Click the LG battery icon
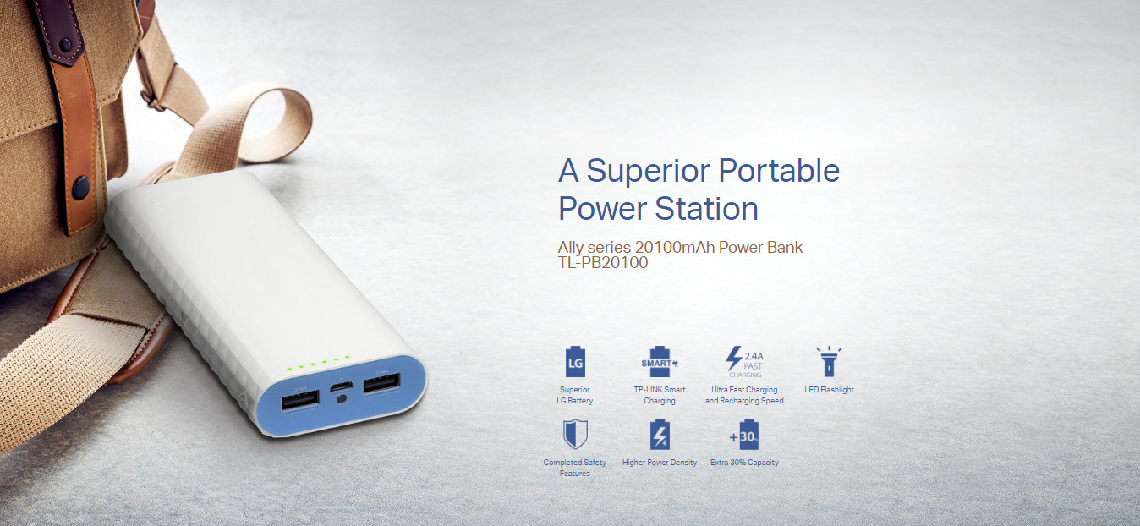click(575, 362)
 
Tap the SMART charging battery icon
click(660, 362)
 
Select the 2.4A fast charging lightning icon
click(744, 362)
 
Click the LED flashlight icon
click(829, 362)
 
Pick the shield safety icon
click(575, 434)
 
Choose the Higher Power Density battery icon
click(660, 435)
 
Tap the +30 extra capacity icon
click(744, 435)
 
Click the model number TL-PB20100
click(603, 263)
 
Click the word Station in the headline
click(706, 209)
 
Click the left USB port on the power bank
click(300, 400)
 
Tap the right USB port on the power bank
click(381, 383)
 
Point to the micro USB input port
click(342, 386)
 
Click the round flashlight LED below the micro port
click(342, 399)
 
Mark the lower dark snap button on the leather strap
click(81, 187)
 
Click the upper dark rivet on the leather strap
click(65, 45)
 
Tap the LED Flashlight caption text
click(829, 390)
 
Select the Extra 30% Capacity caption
click(744, 463)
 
